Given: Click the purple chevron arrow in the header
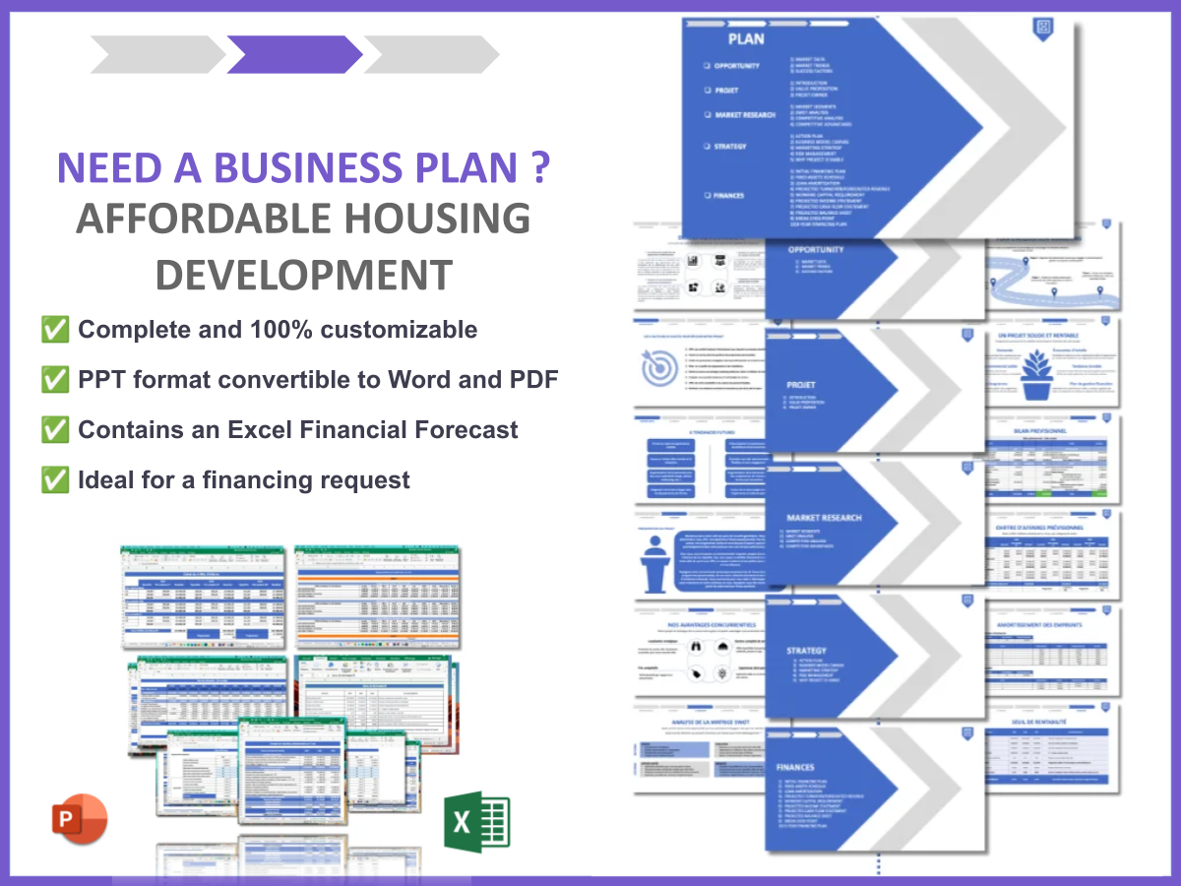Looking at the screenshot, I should pyautogui.click(x=294, y=55).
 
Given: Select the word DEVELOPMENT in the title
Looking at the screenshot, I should pyautogui.click(x=304, y=274).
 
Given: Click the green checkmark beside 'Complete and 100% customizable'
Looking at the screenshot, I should pyautogui.click(x=55, y=329).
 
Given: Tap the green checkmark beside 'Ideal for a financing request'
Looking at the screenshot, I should pyautogui.click(x=55, y=480).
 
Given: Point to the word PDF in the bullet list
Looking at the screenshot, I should pyautogui.click(x=535, y=379).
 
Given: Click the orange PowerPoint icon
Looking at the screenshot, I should pyautogui.click(x=79, y=820).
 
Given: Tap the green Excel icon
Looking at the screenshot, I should pyautogui.click(x=476, y=820).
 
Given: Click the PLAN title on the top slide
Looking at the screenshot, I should pyautogui.click(x=746, y=39).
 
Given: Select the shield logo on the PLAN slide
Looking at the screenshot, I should pyautogui.click(x=1043, y=28).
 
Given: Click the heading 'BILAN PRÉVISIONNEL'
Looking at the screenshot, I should pyautogui.click(x=1052, y=431).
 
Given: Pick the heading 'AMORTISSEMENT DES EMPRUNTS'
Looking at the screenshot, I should pyautogui.click(x=1052, y=626).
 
